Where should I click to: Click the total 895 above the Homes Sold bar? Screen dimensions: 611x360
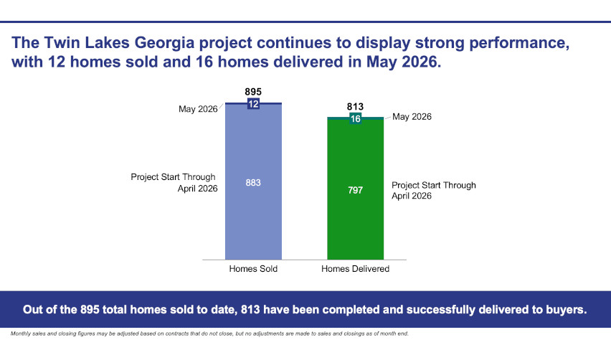(253, 92)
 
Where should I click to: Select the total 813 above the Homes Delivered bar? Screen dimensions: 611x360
(355, 106)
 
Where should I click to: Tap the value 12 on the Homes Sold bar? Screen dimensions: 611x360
(253, 104)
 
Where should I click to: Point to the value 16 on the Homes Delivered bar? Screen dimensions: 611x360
(356, 119)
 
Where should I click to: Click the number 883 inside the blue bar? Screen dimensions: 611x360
(253, 183)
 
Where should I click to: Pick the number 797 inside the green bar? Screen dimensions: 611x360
(356, 190)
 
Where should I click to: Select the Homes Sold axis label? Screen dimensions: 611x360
(253, 269)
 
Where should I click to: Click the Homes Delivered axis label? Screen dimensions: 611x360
(356, 269)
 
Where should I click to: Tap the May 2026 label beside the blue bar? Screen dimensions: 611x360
(198, 109)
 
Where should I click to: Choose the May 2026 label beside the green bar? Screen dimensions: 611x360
(412, 117)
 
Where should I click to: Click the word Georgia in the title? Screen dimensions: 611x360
(164, 43)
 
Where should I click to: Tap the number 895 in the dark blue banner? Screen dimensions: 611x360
(90, 310)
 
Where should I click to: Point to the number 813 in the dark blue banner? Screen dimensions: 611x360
(250, 310)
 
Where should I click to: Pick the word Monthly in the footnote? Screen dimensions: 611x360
(20, 333)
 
